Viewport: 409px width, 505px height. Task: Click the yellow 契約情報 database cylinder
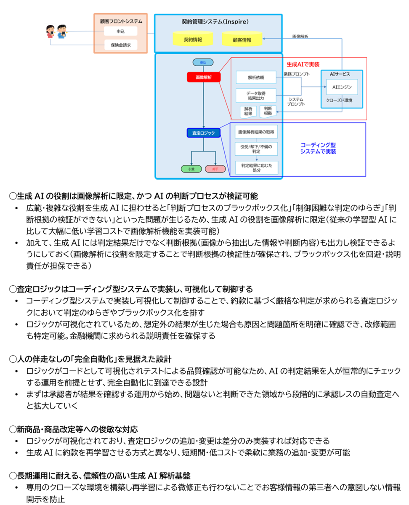click(x=193, y=38)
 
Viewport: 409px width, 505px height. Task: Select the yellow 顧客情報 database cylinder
click(x=242, y=39)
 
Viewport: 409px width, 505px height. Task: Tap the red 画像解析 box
click(x=203, y=77)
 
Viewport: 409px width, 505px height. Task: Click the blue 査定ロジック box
click(x=203, y=133)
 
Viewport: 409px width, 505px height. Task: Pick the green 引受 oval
click(x=191, y=169)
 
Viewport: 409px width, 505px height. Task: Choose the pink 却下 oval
click(x=215, y=169)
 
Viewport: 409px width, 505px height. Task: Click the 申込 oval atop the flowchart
click(x=203, y=62)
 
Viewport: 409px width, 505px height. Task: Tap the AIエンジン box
click(x=342, y=87)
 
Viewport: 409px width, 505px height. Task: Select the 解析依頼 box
click(x=256, y=77)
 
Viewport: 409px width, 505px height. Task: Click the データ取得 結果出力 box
click(x=256, y=96)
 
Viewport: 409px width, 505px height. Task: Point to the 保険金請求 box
click(x=121, y=45)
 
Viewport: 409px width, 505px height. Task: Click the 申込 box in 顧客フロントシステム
click(x=120, y=31)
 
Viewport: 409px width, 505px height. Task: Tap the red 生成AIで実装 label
click(x=303, y=64)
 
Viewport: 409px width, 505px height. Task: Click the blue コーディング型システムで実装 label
click(x=318, y=148)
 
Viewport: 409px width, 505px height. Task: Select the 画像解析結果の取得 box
click(x=256, y=132)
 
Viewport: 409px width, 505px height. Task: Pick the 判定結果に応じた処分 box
click(x=257, y=167)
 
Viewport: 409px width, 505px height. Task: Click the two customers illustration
click(x=56, y=31)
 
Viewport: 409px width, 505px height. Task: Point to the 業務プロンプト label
click(x=296, y=74)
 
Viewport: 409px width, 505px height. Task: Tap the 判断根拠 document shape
click(x=268, y=111)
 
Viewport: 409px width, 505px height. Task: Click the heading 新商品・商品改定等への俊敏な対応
click(x=74, y=429)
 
